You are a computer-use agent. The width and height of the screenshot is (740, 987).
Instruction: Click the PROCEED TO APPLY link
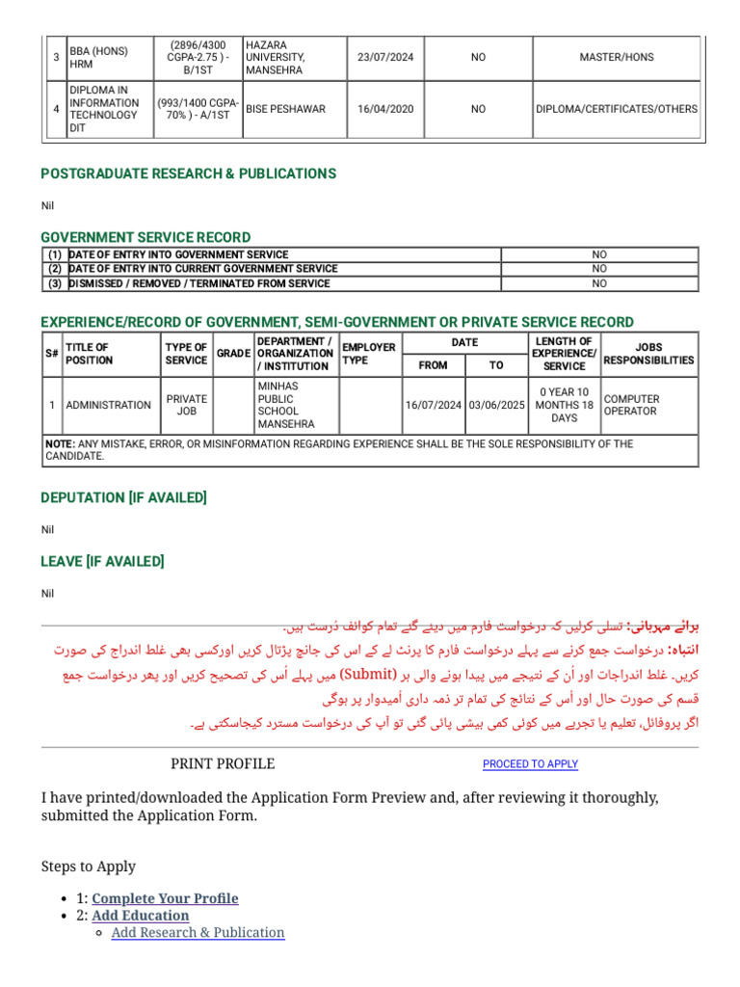[530, 764]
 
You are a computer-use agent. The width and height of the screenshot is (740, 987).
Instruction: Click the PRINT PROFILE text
[223, 764]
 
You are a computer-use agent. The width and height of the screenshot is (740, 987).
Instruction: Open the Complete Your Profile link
[165, 898]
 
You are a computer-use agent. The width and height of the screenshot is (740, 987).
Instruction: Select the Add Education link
[141, 916]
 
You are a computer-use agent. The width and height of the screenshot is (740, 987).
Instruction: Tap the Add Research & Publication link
[198, 933]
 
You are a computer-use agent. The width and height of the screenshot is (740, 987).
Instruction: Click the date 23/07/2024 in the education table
[385, 58]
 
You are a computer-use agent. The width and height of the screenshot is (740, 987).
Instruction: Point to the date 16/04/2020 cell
[385, 110]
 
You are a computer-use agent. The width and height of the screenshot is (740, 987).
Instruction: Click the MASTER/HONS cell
[617, 58]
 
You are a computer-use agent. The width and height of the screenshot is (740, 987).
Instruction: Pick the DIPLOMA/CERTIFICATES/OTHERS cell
[617, 110]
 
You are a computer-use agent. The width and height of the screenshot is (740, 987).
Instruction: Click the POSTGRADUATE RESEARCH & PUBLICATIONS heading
[189, 173]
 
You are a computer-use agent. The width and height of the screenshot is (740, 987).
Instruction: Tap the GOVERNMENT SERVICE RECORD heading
[145, 237]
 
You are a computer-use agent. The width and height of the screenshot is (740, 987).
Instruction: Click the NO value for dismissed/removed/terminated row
[599, 284]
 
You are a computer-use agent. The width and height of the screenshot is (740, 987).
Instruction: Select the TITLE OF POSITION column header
[88, 354]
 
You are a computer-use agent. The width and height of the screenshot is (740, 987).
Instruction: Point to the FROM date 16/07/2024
[434, 405]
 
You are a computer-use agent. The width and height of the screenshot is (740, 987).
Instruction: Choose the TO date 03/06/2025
[496, 405]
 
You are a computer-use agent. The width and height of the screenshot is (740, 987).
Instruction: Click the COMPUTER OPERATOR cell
[631, 405]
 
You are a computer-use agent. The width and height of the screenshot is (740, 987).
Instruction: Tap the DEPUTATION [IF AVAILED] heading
[124, 497]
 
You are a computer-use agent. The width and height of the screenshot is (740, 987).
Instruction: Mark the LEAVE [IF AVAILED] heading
[102, 561]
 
